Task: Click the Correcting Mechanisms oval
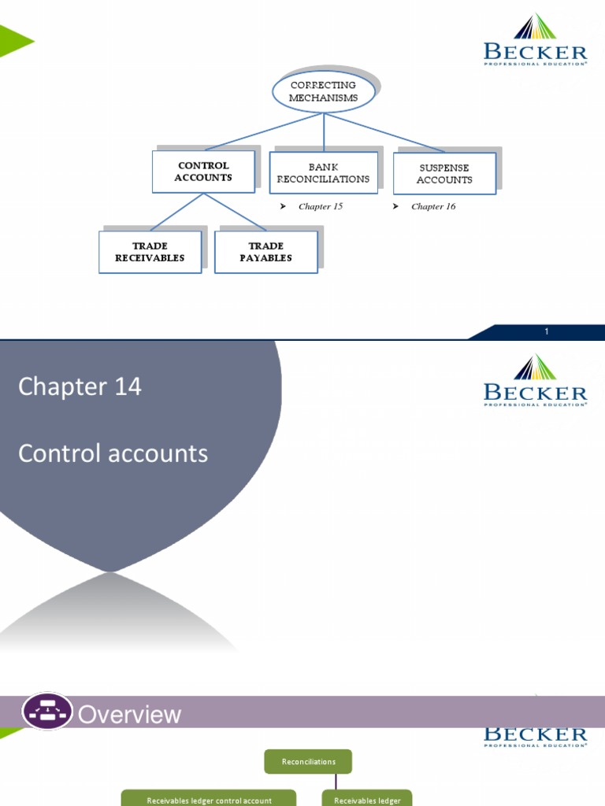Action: click(323, 91)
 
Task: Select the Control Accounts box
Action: click(203, 172)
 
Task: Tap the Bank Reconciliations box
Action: click(323, 173)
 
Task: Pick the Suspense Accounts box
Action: click(444, 174)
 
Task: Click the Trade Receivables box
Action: click(150, 252)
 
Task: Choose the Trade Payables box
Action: click(265, 252)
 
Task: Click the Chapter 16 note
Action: click(433, 206)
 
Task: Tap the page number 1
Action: click(546, 332)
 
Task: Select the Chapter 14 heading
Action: click(80, 386)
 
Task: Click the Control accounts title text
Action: click(113, 453)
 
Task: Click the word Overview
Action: click(130, 715)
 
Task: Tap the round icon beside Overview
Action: click(46, 712)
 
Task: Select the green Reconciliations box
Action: click(308, 761)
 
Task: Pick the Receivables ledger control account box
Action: click(209, 800)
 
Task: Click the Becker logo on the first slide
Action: click(535, 41)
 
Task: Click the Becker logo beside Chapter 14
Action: click(535, 381)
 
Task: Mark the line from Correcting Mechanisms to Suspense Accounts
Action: click(386, 132)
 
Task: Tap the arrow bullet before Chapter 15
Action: click(283, 206)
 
